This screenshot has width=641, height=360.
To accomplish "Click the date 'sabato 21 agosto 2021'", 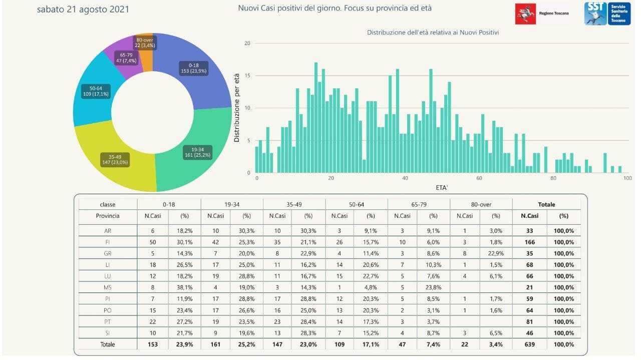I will (83, 10).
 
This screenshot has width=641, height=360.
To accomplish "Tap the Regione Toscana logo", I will (543, 14).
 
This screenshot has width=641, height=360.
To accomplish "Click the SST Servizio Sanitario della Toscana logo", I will (607, 14).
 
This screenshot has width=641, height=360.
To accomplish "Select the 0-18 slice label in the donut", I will (193, 68).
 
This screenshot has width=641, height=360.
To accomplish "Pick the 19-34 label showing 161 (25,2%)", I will (197, 152).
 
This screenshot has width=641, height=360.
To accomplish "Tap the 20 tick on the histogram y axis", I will (247, 43).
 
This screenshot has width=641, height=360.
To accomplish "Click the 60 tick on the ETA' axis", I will (479, 178).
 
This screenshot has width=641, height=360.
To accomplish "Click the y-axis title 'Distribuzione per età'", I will (237, 108).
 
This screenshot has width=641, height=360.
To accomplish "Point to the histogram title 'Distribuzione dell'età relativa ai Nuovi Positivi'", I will (433, 33).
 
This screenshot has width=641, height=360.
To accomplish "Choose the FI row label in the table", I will (107, 242).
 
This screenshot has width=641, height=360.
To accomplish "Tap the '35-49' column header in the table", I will (294, 204).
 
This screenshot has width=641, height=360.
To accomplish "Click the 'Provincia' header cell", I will (107, 216).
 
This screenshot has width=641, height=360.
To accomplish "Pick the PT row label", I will (107, 322).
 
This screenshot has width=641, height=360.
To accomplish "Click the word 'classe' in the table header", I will (107, 204).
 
